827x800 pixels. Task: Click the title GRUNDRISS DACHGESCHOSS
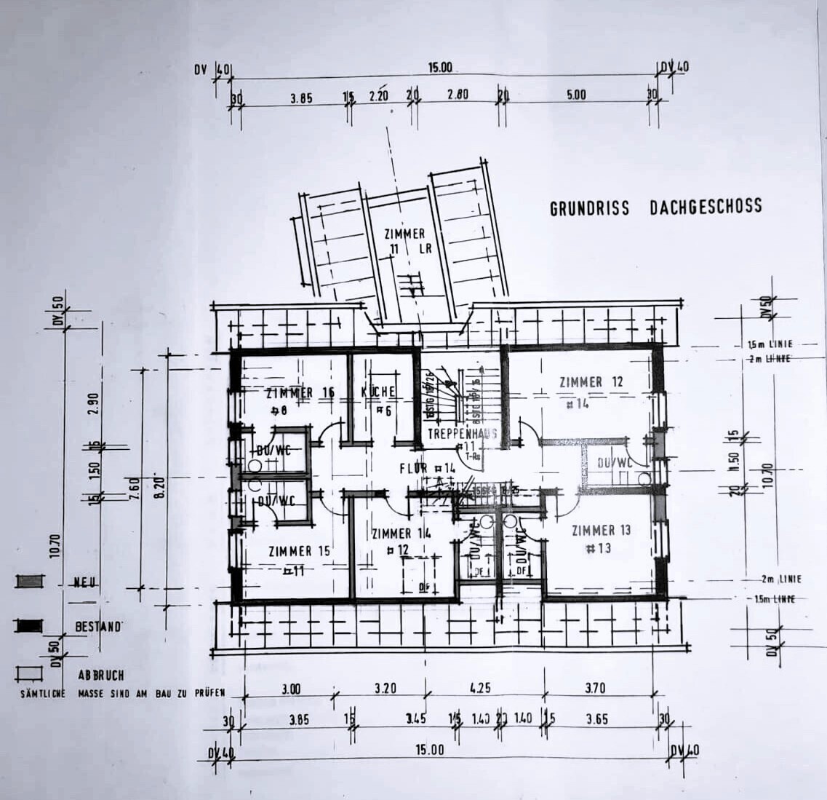tap(655, 207)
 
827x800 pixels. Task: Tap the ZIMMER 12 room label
tap(591, 381)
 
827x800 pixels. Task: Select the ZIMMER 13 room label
tap(601, 530)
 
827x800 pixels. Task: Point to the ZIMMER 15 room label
tap(299, 551)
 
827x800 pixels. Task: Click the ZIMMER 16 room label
tap(300, 393)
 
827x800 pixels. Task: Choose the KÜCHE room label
tap(378, 392)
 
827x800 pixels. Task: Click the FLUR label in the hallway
tap(413, 468)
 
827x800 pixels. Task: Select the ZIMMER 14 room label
tap(401, 534)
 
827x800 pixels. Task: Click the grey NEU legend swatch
tap(30, 581)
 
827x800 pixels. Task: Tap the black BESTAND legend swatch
tap(30, 625)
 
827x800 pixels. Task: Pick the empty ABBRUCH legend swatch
tap(30, 673)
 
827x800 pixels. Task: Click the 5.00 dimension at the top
tap(575, 95)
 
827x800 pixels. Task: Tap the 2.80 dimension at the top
tap(458, 95)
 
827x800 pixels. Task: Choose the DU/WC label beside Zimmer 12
tap(613, 463)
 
